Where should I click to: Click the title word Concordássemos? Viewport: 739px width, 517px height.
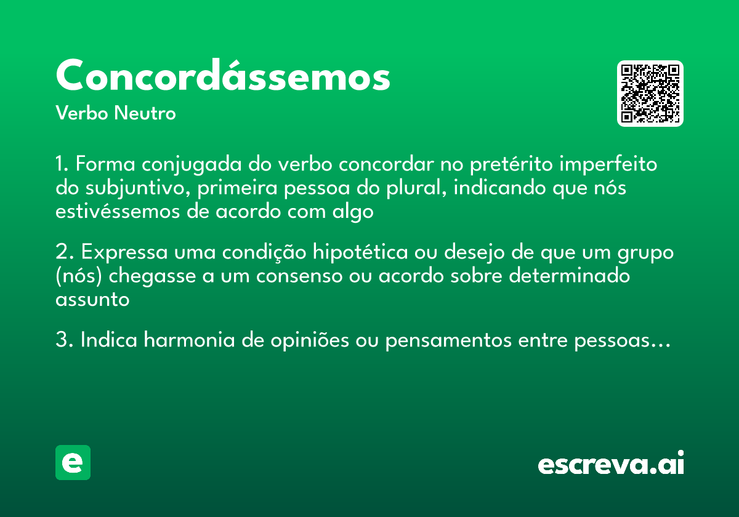click(x=223, y=76)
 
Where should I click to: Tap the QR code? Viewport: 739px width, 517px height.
click(x=650, y=94)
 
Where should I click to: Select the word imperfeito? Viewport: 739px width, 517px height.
click(x=607, y=164)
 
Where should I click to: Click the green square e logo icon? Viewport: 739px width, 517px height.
click(x=73, y=462)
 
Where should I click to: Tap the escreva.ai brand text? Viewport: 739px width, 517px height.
click(x=611, y=463)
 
